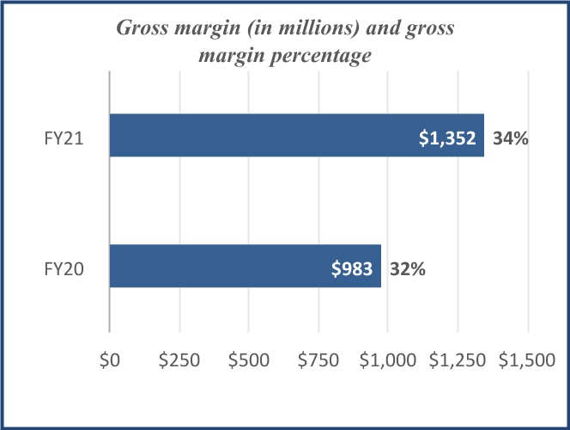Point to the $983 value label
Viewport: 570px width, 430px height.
coord(352,267)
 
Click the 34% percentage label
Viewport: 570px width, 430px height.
coord(509,137)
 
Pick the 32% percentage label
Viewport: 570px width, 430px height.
coord(406,267)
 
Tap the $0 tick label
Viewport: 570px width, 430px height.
coord(109,361)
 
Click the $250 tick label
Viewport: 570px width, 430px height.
coord(179,361)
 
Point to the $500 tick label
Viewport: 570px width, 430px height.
coord(248,361)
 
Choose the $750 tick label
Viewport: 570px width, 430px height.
coord(318,361)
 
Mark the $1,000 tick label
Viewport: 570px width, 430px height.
coord(388,361)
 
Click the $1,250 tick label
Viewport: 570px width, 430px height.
coord(458,361)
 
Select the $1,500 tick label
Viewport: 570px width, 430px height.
coord(527,361)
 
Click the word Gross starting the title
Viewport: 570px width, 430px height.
coord(142,29)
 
